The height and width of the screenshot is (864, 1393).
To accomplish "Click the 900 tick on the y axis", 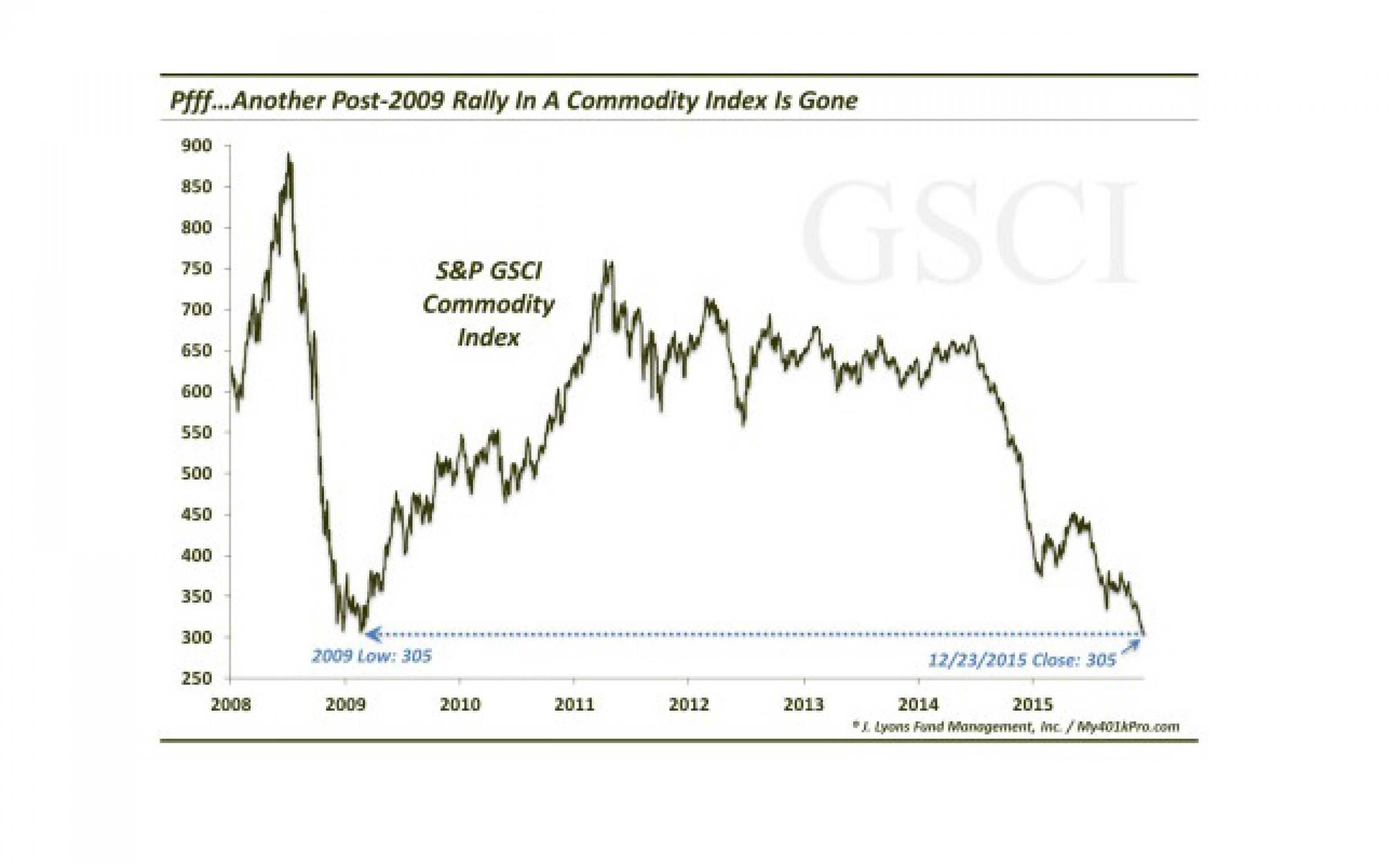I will pos(197,146).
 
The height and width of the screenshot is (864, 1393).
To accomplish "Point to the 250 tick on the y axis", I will pos(197,678).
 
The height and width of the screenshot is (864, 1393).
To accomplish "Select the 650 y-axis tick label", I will pos(197,350).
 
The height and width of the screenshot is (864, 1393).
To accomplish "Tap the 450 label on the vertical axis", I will pos(197,514).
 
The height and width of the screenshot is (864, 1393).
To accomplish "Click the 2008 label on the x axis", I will pos(230,705).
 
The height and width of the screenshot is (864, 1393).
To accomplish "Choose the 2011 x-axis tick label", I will pos(574,705).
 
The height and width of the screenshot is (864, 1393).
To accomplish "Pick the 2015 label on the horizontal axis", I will pos(1033,705).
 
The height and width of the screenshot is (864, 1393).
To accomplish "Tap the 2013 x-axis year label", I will pos(803,705).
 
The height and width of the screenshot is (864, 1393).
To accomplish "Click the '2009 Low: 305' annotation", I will pos(371,656).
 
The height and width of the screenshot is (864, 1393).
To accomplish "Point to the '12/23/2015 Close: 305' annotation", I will pos(1022,660).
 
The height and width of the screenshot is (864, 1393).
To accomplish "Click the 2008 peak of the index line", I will pos(288,154).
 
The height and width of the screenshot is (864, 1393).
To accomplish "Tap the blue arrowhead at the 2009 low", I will pos(373,634).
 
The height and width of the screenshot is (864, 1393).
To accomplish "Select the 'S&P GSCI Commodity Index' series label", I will pos(489,305).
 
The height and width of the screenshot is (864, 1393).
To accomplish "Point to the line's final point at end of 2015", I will pos(1143,632).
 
